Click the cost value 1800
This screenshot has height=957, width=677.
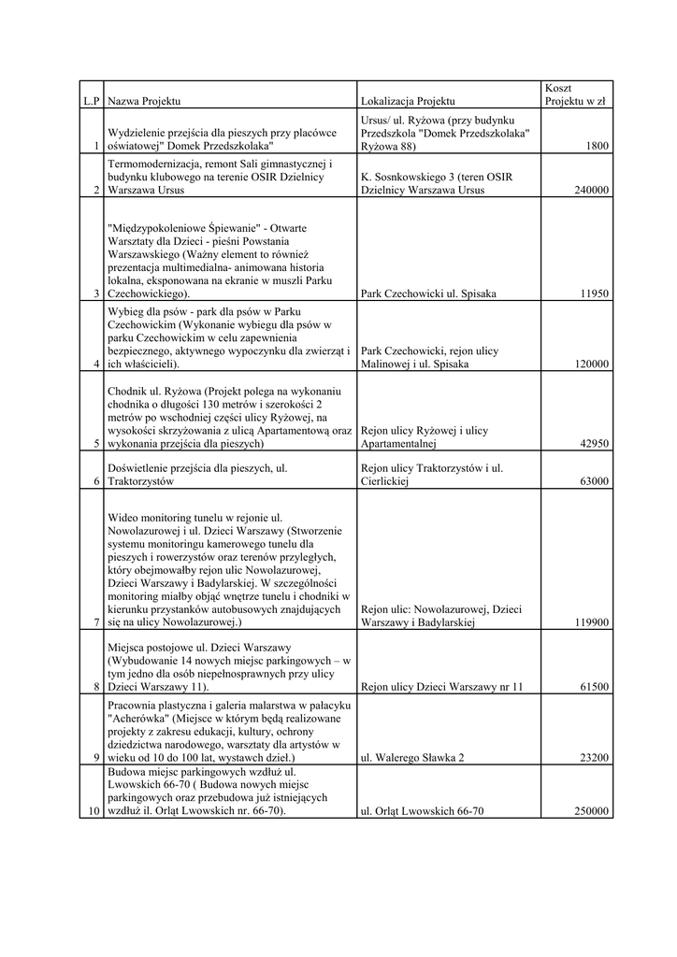point(598,146)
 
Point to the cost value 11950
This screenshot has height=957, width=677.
point(594,293)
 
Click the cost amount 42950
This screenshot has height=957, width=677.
point(594,444)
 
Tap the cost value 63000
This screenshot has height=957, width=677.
point(594,481)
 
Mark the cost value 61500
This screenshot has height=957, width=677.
point(594,687)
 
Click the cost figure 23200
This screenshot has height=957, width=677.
point(594,758)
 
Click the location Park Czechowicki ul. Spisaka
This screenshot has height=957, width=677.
point(428,293)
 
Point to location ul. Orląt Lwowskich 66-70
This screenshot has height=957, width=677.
point(422,811)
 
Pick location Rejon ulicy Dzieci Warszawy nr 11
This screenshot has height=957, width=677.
point(441,687)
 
